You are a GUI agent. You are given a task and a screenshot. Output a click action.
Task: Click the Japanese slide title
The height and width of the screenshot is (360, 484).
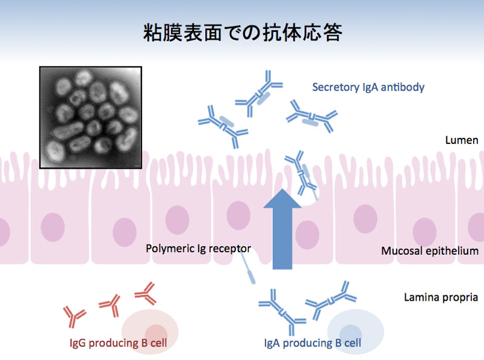(x=243, y=33)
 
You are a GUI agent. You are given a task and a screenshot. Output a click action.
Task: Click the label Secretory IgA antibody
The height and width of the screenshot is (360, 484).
(x=368, y=87)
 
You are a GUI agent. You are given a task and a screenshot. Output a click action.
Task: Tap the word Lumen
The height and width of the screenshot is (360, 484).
(x=462, y=140)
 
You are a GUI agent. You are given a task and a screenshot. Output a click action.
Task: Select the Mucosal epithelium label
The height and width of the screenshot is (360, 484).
(x=430, y=250)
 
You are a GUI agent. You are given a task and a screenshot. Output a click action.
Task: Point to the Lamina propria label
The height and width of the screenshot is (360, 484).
(x=441, y=297)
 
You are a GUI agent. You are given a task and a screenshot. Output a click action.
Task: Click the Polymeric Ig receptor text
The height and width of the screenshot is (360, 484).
(x=198, y=249)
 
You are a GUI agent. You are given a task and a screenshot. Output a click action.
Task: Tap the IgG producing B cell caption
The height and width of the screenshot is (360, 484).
(x=118, y=342)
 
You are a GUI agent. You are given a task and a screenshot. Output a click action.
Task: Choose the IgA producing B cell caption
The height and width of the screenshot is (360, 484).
(x=312, y=342)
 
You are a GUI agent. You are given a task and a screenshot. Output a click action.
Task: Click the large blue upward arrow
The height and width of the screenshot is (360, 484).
(x=282, y=229)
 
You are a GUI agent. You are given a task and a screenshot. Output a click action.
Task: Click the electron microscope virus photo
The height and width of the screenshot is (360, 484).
(x=91, y=117)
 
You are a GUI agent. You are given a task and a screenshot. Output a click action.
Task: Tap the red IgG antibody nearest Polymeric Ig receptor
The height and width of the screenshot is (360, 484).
(x=146, y=293)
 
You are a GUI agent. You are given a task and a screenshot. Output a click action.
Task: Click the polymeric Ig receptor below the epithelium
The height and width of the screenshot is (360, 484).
(x=248, y=269)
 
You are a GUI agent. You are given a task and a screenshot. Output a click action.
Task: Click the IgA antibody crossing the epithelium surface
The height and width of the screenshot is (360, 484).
(x=301, y=174)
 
